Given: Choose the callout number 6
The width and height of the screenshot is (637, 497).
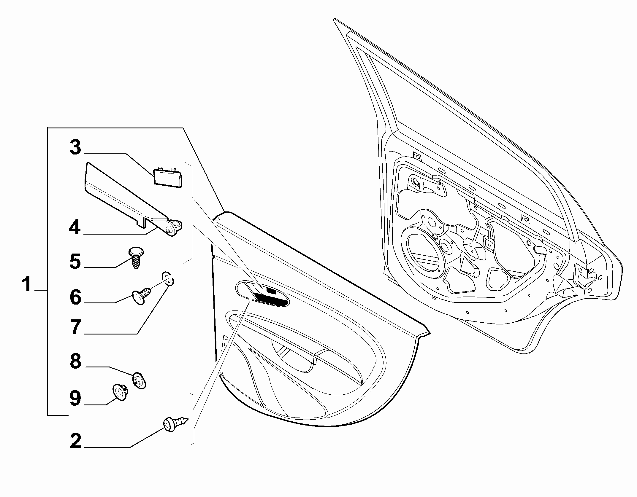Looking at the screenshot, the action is (x=75, y=297).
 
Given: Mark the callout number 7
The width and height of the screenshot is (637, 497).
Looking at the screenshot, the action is (x=76, y=328).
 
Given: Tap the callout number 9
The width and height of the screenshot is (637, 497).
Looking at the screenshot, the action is (x=75, y=398).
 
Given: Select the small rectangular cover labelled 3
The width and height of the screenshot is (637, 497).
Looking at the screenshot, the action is (x=168, y=177).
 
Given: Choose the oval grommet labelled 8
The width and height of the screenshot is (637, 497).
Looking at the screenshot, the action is (x=139, y=380).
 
